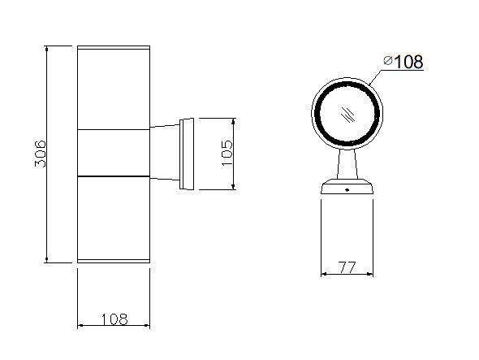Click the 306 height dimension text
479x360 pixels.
[40, 154]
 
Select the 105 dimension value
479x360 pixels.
[227, 153]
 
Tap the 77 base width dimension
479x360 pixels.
[347, 267]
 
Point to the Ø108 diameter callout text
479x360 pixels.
[403, 62]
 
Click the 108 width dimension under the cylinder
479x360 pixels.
[114, 319]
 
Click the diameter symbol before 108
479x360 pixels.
[388, 61]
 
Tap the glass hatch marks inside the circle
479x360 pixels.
[347, 115]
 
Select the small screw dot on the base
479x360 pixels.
[347, 190]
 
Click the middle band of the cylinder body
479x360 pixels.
[114, 153]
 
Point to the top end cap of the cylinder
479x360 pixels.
[114, 47]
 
